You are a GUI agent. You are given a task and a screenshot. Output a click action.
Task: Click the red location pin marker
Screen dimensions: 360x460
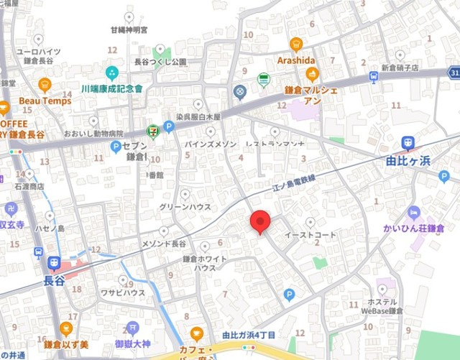point(260,222)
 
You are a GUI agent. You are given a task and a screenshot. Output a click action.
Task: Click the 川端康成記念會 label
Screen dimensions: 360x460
point(112,88)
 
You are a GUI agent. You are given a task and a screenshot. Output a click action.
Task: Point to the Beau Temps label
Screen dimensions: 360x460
point(45,101)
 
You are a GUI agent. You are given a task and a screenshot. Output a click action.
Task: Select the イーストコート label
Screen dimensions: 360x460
point(310,235)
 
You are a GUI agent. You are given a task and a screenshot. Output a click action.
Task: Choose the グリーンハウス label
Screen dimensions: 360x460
point(185,207)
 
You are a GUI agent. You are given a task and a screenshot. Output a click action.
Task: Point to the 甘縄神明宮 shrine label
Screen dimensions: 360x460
point(129,30)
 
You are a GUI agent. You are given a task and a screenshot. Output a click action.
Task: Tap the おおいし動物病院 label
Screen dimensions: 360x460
point(93,134)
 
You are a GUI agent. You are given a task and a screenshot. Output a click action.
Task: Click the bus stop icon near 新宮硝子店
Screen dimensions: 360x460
point(374,76)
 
